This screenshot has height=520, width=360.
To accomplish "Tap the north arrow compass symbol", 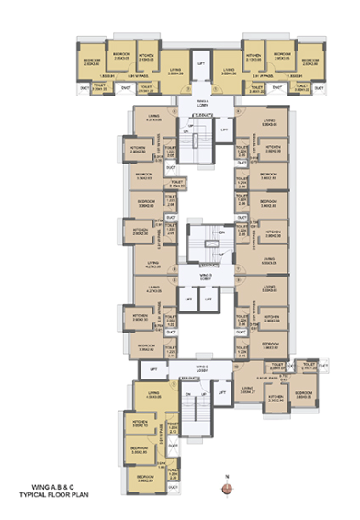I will (226, 480).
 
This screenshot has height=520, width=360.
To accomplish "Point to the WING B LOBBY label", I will (206, 275).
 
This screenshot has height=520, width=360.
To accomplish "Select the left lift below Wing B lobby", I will (186, 299).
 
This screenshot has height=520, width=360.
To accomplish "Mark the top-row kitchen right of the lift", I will (256, 55).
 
